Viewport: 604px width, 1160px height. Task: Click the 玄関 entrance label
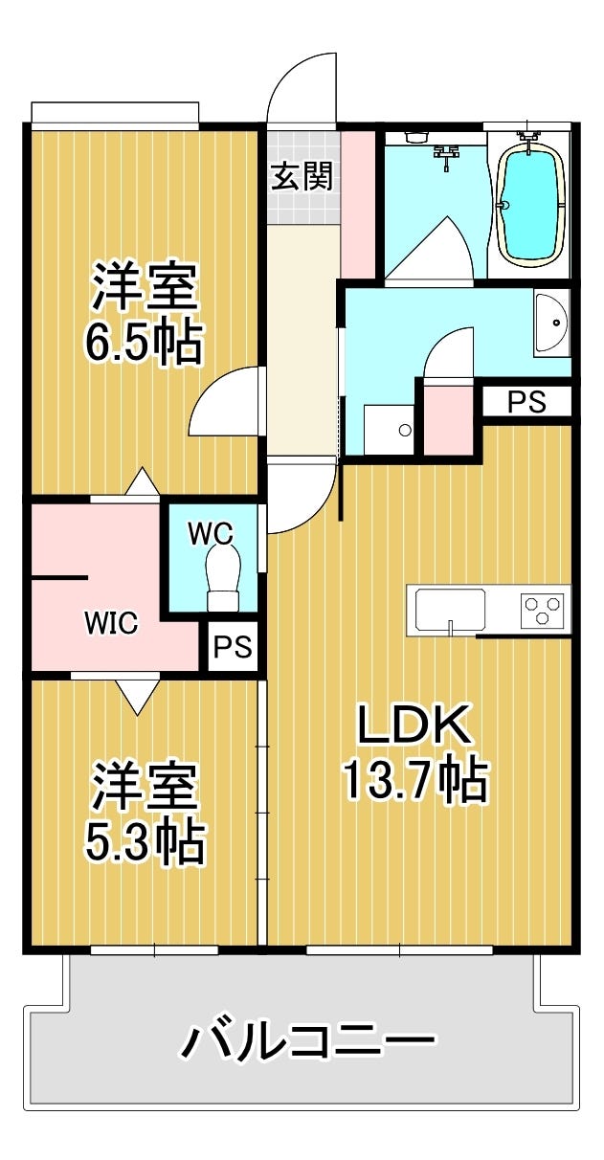tap(302, 177)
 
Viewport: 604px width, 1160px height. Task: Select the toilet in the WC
tap(223, 580)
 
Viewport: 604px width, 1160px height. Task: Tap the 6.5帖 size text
tap(144, 344)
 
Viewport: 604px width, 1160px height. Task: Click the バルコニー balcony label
tap(308, 1041)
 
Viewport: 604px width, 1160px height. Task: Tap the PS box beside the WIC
tap(232, 648)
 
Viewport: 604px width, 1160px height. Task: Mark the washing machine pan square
tap(389, 430)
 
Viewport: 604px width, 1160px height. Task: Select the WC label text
tap(211, 532)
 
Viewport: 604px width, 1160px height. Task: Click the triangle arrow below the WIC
tap(140, 696)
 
